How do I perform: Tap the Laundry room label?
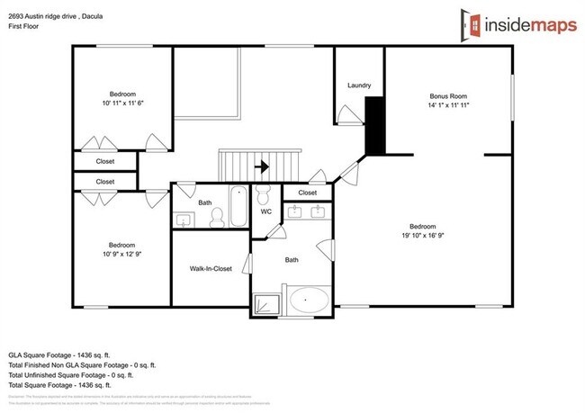coord(359,86)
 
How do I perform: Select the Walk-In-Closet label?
coord(211,268)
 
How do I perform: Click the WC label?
coord(266,212)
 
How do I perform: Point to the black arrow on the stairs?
coord(263,166)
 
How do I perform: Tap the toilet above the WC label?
coord(265,194)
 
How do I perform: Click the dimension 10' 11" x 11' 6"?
coord(122,103)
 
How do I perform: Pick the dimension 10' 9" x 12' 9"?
coord(121,255)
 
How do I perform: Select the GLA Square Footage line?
coord(66,356)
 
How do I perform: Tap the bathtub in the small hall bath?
coord(238,205)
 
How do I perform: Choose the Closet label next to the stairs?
coord(307,192)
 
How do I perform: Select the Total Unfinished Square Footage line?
coord(81,374)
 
